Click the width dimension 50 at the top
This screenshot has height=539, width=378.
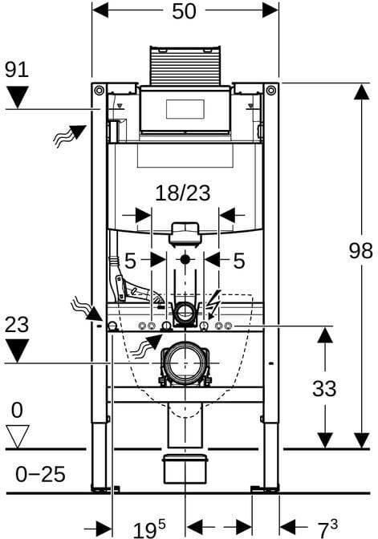pos(184,11)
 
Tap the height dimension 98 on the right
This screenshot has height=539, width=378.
pos(361,250)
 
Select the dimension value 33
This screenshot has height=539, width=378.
pos(324,388)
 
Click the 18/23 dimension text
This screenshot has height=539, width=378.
pos(183,192)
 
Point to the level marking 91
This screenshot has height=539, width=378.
pos(17,70)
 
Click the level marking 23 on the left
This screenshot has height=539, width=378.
pos(17,325)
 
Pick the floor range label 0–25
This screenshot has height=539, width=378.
pos(40,474)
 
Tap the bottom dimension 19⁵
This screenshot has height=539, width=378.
pos(149,529)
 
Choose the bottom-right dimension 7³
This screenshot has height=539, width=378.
pos(327,529)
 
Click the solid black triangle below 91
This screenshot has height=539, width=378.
pos(18,97)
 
